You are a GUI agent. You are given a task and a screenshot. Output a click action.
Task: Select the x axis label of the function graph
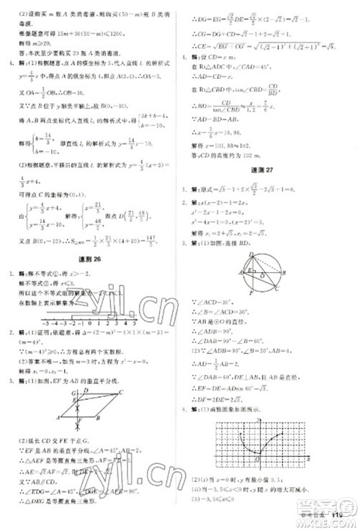tap(307, 458)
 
